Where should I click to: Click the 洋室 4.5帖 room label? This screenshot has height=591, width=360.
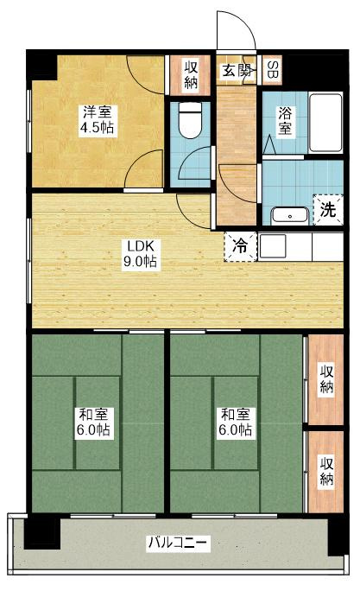coord(98,120)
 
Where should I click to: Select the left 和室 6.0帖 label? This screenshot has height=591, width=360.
coord(92,421)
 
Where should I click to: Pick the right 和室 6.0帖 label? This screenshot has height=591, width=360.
coord(234,421)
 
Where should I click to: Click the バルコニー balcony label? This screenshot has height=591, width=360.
coord(176,543)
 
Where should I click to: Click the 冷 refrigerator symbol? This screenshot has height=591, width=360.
coord(241,245)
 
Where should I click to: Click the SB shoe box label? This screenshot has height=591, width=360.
coord(272,69)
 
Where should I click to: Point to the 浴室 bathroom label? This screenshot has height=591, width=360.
coord(285,120)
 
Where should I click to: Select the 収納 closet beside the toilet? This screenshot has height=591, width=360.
coord(190,74)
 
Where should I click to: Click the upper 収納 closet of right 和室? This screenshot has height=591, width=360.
coord(325,378)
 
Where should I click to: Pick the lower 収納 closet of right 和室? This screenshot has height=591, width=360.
coord(325,472)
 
